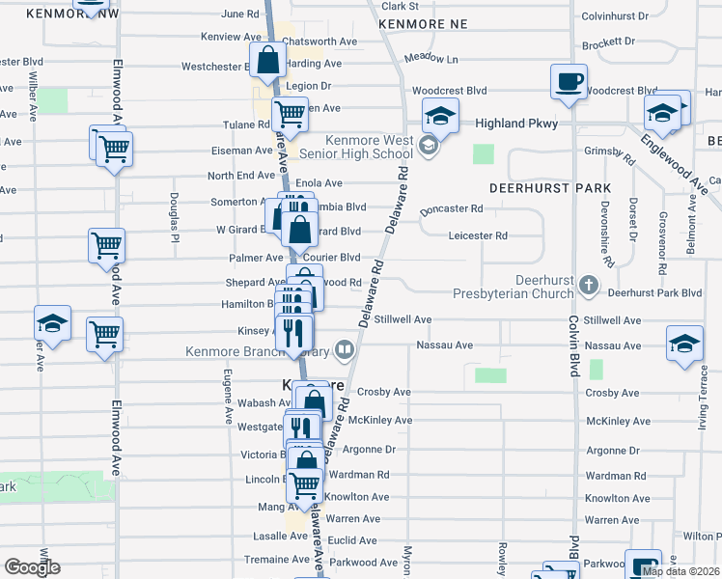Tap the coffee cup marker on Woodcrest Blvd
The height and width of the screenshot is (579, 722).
tap(569, 81)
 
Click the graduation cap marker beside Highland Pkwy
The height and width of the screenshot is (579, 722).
tap(440, 117)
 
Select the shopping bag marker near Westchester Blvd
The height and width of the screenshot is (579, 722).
tap(267, 60)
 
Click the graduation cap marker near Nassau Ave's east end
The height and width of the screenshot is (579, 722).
tap(684, 342)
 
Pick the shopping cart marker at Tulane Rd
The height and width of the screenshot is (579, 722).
tap(290, 115)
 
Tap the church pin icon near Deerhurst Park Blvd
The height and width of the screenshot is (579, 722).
tap(591, 286)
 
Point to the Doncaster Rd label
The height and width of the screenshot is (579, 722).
tap(452, 208)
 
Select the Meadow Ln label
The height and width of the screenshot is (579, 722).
tap(430, 59)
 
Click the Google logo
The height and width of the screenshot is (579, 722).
tap(32, 567)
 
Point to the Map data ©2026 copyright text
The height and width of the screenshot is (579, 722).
tap(680, 571)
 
